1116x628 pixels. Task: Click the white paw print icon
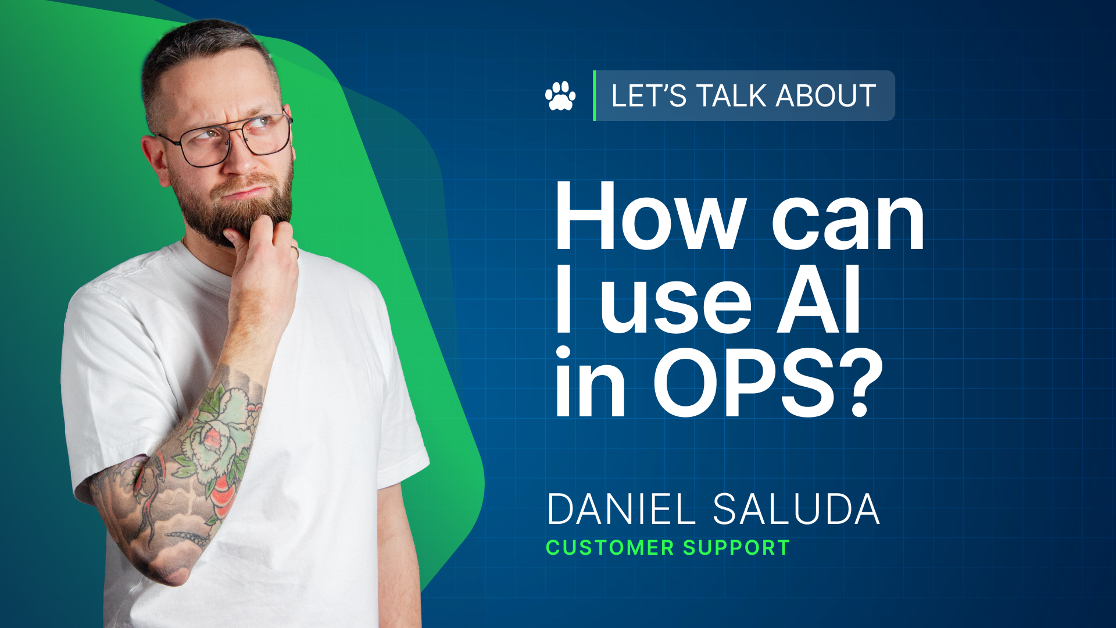[560, 96]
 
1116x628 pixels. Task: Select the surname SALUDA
[796, 509]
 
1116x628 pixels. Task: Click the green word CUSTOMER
[610, 548]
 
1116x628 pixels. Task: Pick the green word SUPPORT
[736, 548]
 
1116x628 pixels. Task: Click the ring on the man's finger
[295, 251]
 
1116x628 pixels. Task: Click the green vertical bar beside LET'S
[594, 96]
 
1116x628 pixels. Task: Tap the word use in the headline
[675, 302]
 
